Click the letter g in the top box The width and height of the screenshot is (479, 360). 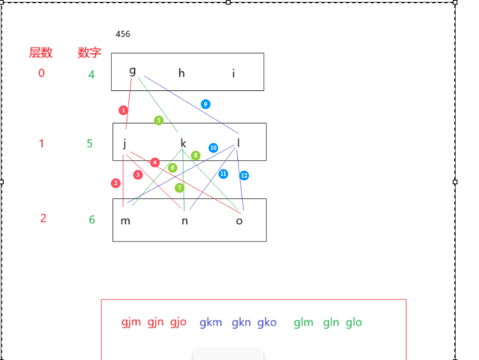[x=132, y=71]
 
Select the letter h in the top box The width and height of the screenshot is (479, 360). [x=181, y=73]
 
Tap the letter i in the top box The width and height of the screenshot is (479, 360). [x=234, y=74]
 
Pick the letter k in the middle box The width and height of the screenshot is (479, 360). [x=183, y=144]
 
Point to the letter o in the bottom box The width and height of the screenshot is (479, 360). [x=239, y=221]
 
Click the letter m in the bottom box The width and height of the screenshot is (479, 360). [x=125, y=221]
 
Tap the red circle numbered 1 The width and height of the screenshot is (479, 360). [x=124, y=110]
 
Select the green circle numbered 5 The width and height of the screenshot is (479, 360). [x=159, y=120]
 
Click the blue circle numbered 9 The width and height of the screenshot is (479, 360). [x=205, y=104]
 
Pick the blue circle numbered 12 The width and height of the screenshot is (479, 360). [x=244, y=175]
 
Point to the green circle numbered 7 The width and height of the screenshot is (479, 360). [x=180, y=187]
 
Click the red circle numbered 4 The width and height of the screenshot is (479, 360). [x=155, y=162]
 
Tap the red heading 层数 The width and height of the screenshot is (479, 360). [x=41, y=53]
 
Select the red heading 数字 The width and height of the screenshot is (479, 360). [x=90, y=53]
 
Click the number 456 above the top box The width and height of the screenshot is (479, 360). [x=123, y=34]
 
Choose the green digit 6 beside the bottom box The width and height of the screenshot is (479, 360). [x=92, y=219]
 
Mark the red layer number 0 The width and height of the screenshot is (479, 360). [x=41, y=73]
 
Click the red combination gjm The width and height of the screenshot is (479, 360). [x=131, y=322]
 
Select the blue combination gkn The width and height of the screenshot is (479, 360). [x=242, y=322]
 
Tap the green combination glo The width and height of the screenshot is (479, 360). [x=354, y=322]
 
